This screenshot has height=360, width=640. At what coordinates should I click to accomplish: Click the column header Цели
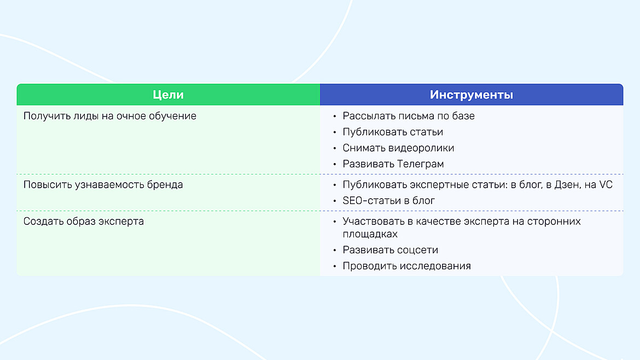coord(168,95)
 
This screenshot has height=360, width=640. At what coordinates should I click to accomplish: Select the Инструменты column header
coord(471,95)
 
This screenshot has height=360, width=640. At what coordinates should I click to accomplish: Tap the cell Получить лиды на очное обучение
coord(109,116)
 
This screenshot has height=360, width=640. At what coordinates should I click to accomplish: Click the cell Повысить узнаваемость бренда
coord(103,185)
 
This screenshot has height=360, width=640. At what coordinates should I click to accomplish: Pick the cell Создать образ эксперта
coord(83,222)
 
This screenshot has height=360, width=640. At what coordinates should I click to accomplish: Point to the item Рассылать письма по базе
coord(409,116)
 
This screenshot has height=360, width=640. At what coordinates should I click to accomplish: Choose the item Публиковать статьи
coord(393,132)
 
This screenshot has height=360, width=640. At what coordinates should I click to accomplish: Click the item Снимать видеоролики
coord(398,148)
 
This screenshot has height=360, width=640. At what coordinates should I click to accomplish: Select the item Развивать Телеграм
coord(393,164)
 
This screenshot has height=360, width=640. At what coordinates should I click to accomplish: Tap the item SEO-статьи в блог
coord(388,201)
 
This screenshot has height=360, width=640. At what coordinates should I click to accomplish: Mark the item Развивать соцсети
coord(390,250)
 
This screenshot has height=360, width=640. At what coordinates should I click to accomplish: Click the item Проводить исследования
coord(406,266)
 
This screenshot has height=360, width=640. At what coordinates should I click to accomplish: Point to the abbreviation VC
coord(606,185)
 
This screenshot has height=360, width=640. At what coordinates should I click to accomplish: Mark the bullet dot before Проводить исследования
coord(334,266)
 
